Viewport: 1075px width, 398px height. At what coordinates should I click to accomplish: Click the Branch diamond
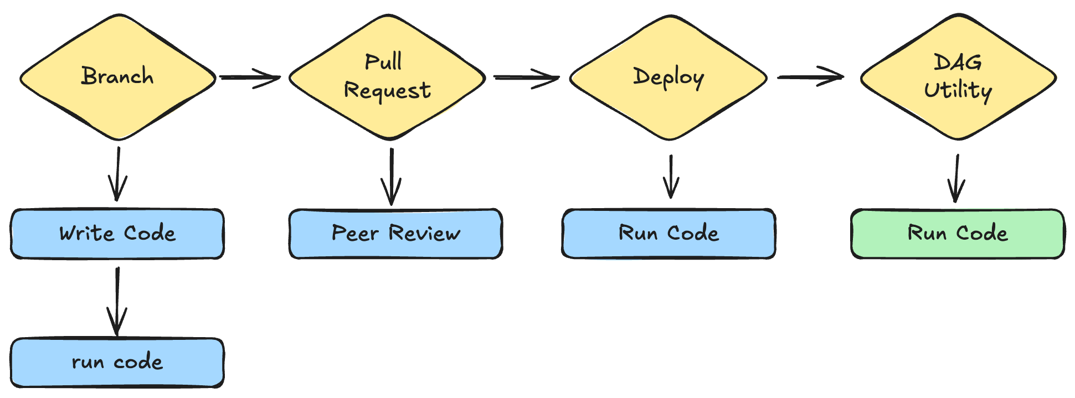coord(118,77)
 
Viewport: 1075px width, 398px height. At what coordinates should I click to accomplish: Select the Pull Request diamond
coord(387,77)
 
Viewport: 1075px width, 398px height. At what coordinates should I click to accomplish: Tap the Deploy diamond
coord(668,77)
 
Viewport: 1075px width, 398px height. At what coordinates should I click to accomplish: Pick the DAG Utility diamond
coord(958,77)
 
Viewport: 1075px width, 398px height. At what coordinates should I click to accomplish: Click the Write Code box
coord(117,234)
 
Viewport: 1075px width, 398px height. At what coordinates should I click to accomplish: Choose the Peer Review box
coord(395,234)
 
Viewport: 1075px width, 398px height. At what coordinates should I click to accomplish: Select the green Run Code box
coord(958,234)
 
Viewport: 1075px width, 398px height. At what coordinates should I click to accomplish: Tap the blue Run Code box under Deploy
coord(668,234)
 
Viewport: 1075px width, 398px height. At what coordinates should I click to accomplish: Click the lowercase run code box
coord(117,363)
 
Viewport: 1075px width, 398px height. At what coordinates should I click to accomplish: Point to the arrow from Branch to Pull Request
coord(250,77)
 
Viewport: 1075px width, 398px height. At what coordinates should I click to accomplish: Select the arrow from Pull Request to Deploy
coord(526,77)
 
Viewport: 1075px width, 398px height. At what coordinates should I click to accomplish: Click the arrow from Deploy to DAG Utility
coord(811,77)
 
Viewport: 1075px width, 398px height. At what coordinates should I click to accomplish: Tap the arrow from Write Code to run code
coord(117,302)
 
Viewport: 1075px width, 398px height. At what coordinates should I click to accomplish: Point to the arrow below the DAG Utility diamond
coord(956,179)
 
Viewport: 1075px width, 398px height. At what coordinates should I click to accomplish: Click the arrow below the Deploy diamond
coord(671,177)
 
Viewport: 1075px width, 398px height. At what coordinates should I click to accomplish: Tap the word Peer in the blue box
coord(355,234)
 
